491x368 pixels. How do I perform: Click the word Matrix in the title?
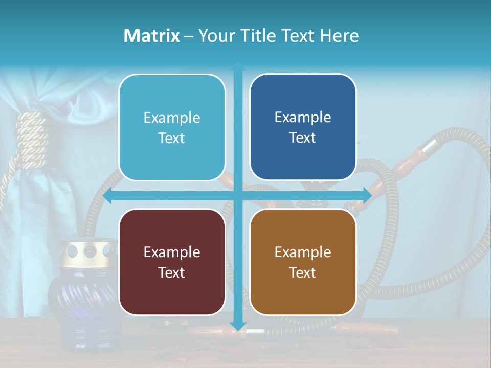[x=152, y=36]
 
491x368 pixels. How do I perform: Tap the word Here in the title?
[x=339, y=36]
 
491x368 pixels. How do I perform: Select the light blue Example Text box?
[x=172, y=127]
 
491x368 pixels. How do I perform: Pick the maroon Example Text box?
[x=172, y=262]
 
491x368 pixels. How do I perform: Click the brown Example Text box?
[x=303, y=262]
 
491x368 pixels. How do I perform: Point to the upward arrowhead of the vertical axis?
[x=238, y=66]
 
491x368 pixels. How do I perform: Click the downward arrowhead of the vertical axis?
[x=238, y=326]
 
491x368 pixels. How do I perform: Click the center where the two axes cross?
[x=238, y=195]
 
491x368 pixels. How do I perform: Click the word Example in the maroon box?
[x=172, y=252]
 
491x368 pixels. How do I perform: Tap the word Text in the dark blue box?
[x=303, y=137]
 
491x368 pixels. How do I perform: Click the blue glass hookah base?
[x=77, y=302]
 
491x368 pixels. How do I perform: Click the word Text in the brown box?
[x=303, y=272]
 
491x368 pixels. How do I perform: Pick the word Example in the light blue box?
[x=172, y=118]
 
